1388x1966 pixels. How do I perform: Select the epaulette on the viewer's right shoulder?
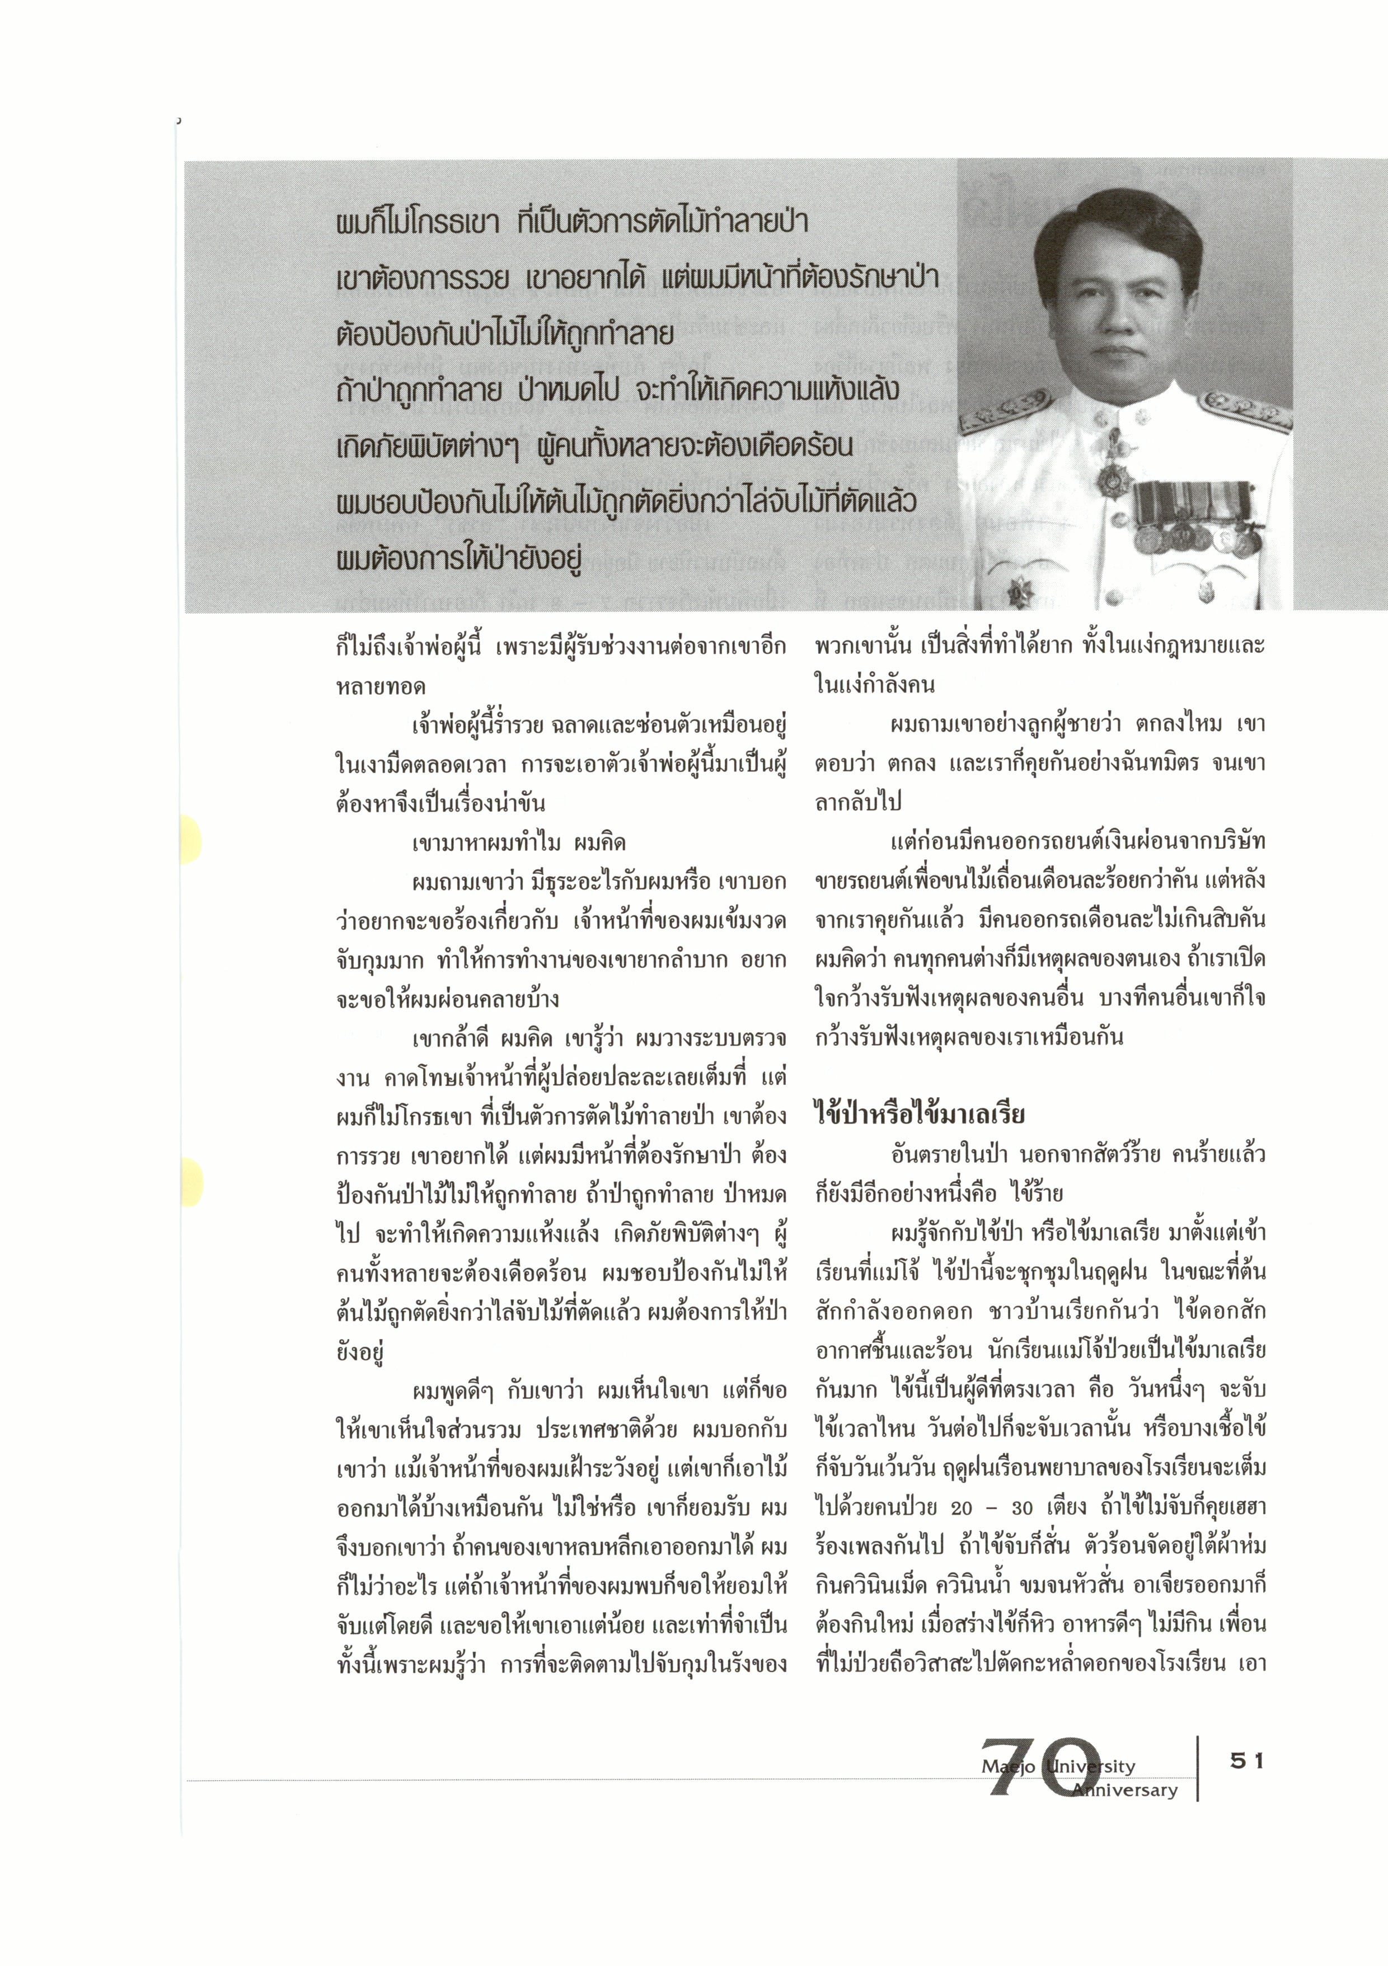click(1245, 409)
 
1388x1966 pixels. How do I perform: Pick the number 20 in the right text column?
click(962, 1508)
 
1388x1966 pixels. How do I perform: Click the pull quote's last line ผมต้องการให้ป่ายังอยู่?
click(459, 558)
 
